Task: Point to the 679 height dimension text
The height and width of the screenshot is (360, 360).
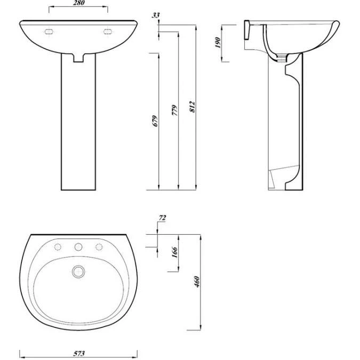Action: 154,121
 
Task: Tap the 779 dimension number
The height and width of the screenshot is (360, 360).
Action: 173,110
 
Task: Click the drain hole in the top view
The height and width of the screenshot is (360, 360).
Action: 78,271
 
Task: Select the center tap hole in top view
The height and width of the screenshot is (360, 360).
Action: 78,247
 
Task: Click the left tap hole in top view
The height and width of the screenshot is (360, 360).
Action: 58,247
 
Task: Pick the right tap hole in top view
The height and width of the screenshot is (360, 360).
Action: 98,247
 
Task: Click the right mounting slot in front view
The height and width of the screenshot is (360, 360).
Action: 108,31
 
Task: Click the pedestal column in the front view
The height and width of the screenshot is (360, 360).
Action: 79,128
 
